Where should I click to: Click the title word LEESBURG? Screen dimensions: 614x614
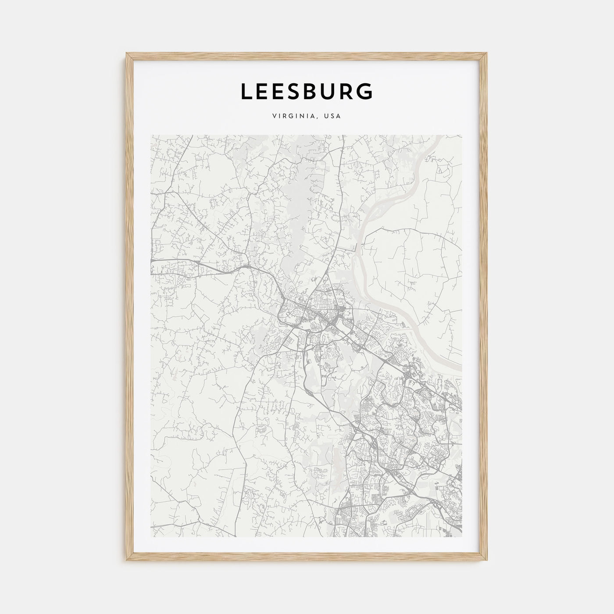pos(307,91)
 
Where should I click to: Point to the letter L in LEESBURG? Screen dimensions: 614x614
pos(246,91)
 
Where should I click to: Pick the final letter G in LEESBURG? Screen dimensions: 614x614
pos(365,91)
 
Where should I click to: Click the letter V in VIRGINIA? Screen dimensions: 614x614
pos(274,117)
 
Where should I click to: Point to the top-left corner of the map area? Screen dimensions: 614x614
pos(150,135)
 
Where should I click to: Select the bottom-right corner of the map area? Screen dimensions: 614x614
pos(462,537)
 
